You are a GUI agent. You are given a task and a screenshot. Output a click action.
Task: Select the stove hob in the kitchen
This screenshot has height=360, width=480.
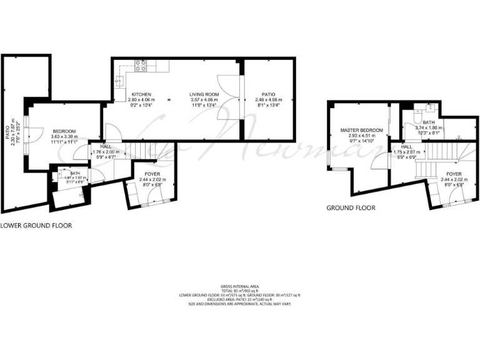[x=141, y=64]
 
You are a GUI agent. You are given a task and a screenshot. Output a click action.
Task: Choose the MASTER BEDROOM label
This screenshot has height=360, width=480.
[x=357, y=131]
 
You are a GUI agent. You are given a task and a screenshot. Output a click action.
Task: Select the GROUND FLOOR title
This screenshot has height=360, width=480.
[x=351, y=208]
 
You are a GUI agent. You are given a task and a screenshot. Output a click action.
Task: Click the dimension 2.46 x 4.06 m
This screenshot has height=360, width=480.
[x=269, y=100]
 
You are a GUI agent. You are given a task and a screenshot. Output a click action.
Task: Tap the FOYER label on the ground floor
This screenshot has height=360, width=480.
[x=454, y=174]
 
